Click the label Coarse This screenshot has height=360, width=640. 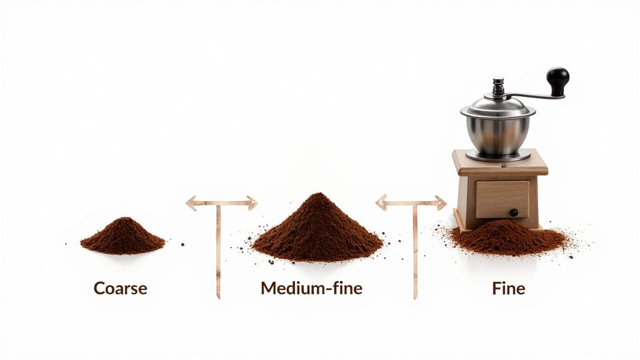coord(120,288)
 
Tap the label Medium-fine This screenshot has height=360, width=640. coord(311,288)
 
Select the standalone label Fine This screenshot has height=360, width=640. coord(508,288)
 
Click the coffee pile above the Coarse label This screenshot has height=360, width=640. coord(123,237)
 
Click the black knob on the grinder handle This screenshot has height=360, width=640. coord(557,80)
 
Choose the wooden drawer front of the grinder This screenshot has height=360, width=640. coord(502,199)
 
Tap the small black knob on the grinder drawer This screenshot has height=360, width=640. coord(513,212)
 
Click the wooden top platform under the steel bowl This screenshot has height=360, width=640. coord(500,163)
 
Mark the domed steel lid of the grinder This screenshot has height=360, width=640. coord(498,106)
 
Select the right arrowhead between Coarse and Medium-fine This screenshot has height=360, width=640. coord(251,202)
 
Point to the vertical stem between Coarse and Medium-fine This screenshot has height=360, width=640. coord(218,250)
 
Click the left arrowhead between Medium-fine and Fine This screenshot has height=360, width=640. coord(381,202)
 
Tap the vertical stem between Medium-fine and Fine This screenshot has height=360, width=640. coord(415,250)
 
